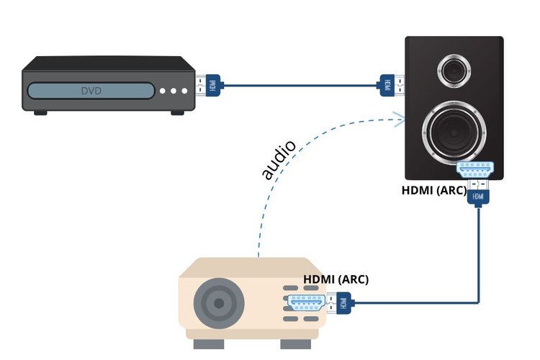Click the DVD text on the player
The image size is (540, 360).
[x=91, y=91]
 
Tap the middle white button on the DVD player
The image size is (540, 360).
[x=174, y=91]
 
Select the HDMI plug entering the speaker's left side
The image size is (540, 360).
[x=390, y=85]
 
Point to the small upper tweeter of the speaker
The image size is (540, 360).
[x=454, y=71]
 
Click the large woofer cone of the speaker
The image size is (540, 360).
[x=454, y=133]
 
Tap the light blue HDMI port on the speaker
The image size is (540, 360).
[x=475, y=170]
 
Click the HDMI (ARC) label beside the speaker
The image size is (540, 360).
[x=434, y=190]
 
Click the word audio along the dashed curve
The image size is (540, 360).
[x=278, y=160]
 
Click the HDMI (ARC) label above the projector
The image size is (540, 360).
[x=336, y=279]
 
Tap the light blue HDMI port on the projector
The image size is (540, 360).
[x=306, y=303]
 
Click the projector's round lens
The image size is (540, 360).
[x=219, y=303]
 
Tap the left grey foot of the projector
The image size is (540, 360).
[x=209, y=344]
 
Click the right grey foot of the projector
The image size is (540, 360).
[x=296, y=344]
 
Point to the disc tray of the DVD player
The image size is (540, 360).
[x=91, y=91]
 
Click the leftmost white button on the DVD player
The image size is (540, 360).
[x=163, y=91]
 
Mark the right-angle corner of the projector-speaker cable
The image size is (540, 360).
[x=479, y=303]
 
